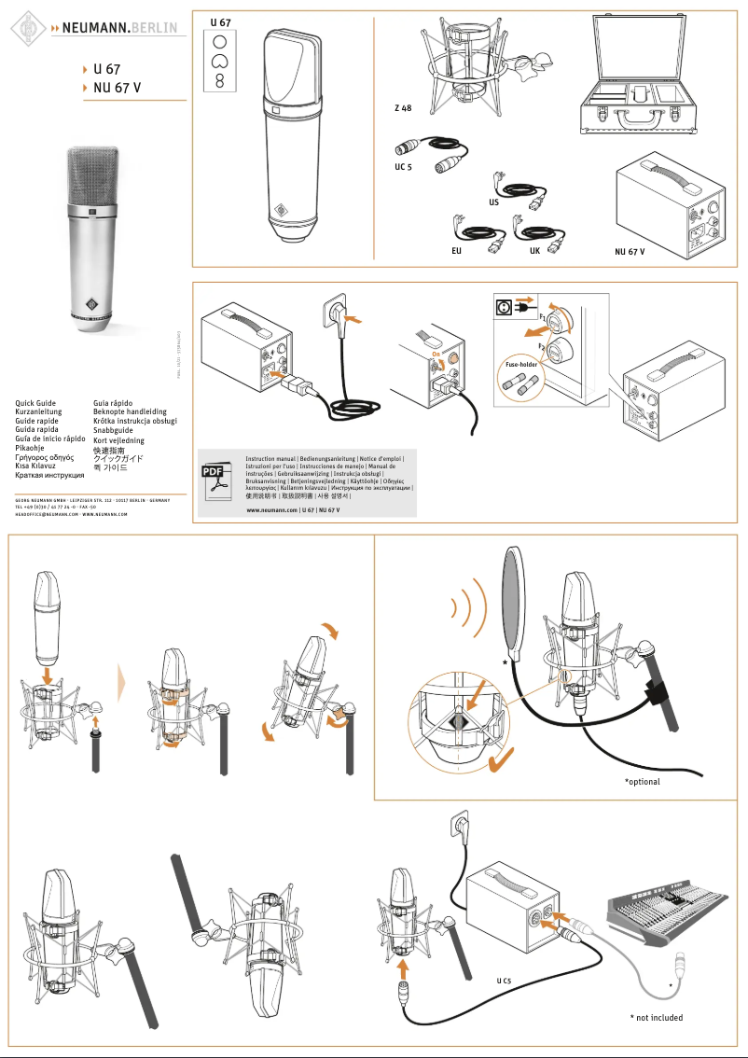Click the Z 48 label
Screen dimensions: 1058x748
[403, 109]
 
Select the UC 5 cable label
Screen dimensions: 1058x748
[402, 168]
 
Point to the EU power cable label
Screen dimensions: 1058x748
[455, 252]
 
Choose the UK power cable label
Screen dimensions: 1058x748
[534, 252]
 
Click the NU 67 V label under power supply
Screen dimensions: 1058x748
[630, 252]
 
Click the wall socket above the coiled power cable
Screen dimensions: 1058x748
[338, 311]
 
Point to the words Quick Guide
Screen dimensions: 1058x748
[35, 403]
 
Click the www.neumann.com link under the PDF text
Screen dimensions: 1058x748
[271, 511]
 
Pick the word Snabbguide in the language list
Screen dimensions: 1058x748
[113, 430]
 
